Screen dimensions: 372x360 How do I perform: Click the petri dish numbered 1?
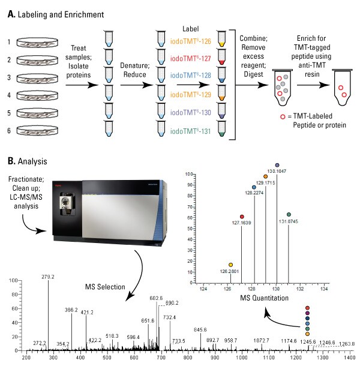click(40, 43)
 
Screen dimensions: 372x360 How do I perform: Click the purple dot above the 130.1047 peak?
click(277, 165)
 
